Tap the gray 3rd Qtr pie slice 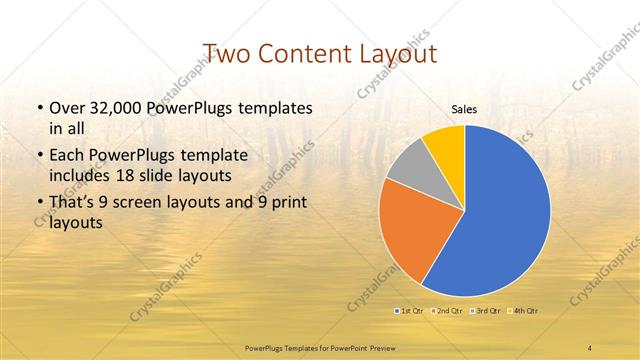pos(408,166)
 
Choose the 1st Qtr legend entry pos(411,311)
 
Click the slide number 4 pos(590,347)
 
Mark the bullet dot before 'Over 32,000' pos(39,108)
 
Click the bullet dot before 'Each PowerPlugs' pos(39,157)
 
